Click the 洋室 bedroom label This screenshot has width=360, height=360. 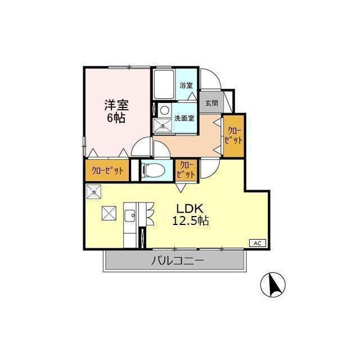[x=116, y=105]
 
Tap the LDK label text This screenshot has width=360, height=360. [x=190, y=209]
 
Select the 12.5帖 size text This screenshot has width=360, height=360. [x=191, y=220]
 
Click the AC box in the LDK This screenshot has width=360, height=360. [x=258, y=243]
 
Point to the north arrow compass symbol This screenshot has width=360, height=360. [x=273, y=285]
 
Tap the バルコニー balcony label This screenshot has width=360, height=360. [x=177, y=261]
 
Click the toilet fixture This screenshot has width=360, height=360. [x=154, y=170]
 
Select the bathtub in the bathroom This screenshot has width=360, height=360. [x=164, y=84]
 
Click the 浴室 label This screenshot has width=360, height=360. [x=186, y=85]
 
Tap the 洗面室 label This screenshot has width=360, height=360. [x=184, y=118]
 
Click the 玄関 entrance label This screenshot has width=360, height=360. [x=211, y=103]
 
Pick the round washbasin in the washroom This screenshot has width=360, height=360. [x=164, y=111]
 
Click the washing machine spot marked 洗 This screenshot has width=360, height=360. [x=163, y=126]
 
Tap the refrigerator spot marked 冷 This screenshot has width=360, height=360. [x=94, y=191]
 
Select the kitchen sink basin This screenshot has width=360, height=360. [x=130, y=215]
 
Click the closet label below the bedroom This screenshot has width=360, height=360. [x=107, y=170]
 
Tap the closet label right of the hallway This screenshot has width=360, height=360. [x=233, y=136]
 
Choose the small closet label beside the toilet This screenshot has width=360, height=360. [x=186, y=170]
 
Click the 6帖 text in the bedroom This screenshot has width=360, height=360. [x=116, y=118]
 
